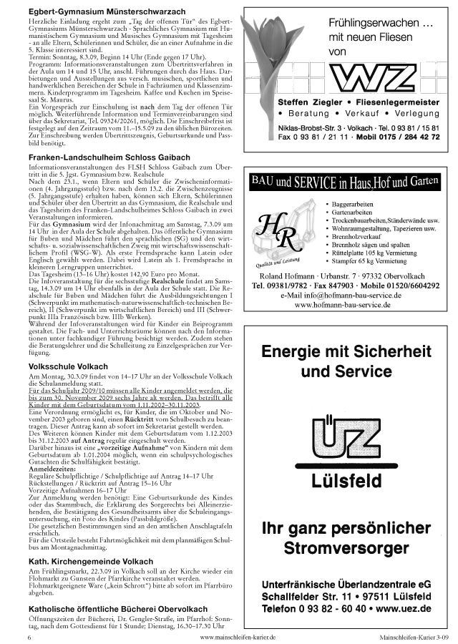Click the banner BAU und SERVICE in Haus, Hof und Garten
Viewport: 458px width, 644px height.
[x=343, y=182]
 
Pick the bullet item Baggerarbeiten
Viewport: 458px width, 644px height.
[x=354, y=204]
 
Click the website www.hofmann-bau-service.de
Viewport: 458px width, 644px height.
[x=342, y=304]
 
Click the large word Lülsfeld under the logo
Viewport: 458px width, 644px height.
[x=346, y=481]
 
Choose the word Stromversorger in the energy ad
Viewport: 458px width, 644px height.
[x=346, y=549]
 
